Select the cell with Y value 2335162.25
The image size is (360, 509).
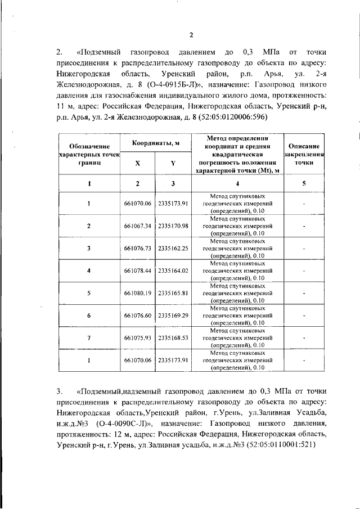[x=173, y=248]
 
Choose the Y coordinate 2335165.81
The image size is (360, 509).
[x=173, y=293]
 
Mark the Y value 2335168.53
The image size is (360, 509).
[x=173, y=338]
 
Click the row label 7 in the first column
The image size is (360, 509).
[x=89, y=338]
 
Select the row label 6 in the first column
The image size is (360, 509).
[x=89, y=316]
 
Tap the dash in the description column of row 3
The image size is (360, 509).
[x=304, y=248]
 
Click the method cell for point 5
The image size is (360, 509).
[x=238, y=293]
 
